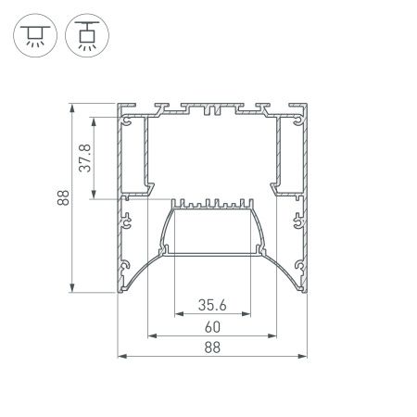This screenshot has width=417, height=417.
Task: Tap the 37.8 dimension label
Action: point(84,158)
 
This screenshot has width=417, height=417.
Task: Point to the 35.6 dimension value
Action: point(212,302)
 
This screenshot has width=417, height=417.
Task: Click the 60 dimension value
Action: point(212,326)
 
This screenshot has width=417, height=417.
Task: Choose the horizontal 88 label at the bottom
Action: point(212,347)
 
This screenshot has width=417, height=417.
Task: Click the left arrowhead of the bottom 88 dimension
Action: point(120,357)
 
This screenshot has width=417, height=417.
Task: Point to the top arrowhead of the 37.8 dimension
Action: point(93,120)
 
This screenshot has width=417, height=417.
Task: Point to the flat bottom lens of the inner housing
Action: point(212,252)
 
